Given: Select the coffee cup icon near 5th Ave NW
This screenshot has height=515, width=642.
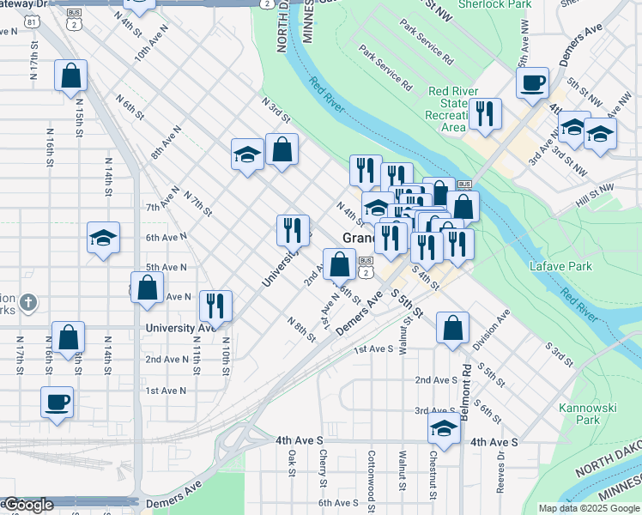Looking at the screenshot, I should pos(532,83).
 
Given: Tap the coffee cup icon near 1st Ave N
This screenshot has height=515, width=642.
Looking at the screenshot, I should pos(58,401).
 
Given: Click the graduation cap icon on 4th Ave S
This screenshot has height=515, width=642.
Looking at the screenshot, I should pos(444,427).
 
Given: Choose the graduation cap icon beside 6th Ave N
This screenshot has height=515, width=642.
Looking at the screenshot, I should pos(103,237).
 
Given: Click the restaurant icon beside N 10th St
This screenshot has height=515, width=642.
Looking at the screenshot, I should pos(215,306).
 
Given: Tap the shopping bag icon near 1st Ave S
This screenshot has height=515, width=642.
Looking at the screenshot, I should pos(452,327).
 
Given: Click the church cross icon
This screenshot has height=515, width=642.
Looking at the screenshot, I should pos(27,301).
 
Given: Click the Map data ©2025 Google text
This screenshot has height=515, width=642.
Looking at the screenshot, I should pos(589,508).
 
